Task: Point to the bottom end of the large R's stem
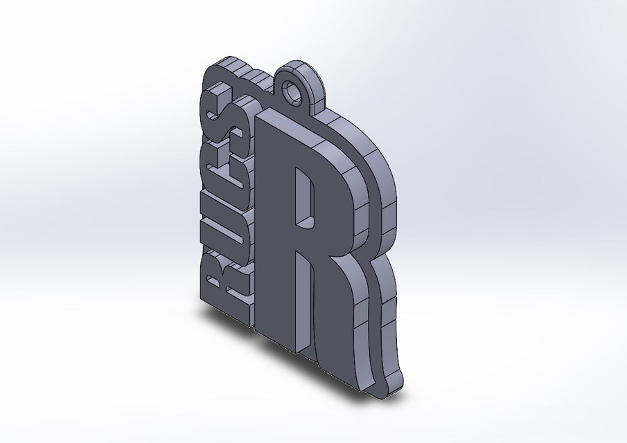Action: click(x=277, y=332)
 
